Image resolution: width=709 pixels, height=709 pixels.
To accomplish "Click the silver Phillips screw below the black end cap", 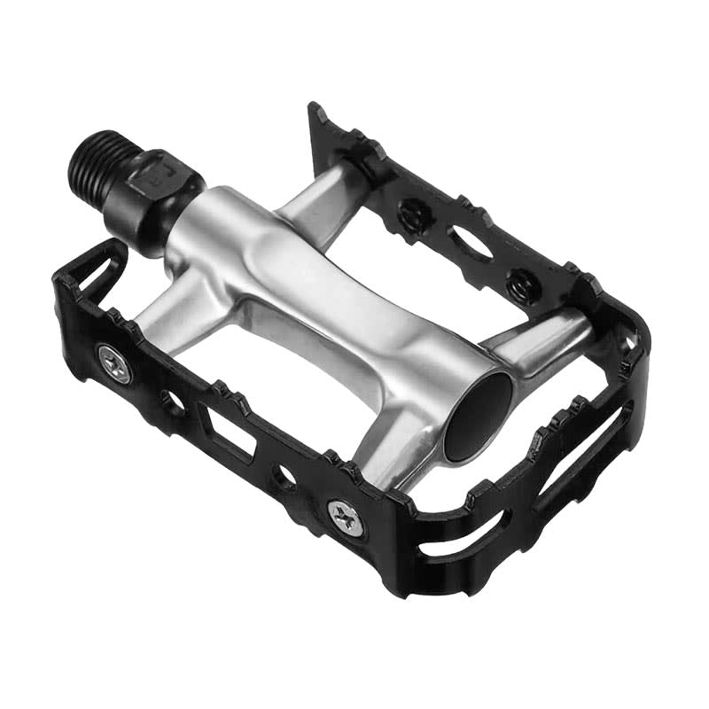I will click(343, 513).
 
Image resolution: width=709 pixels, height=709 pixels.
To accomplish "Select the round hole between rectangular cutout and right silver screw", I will click(285, 477).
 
